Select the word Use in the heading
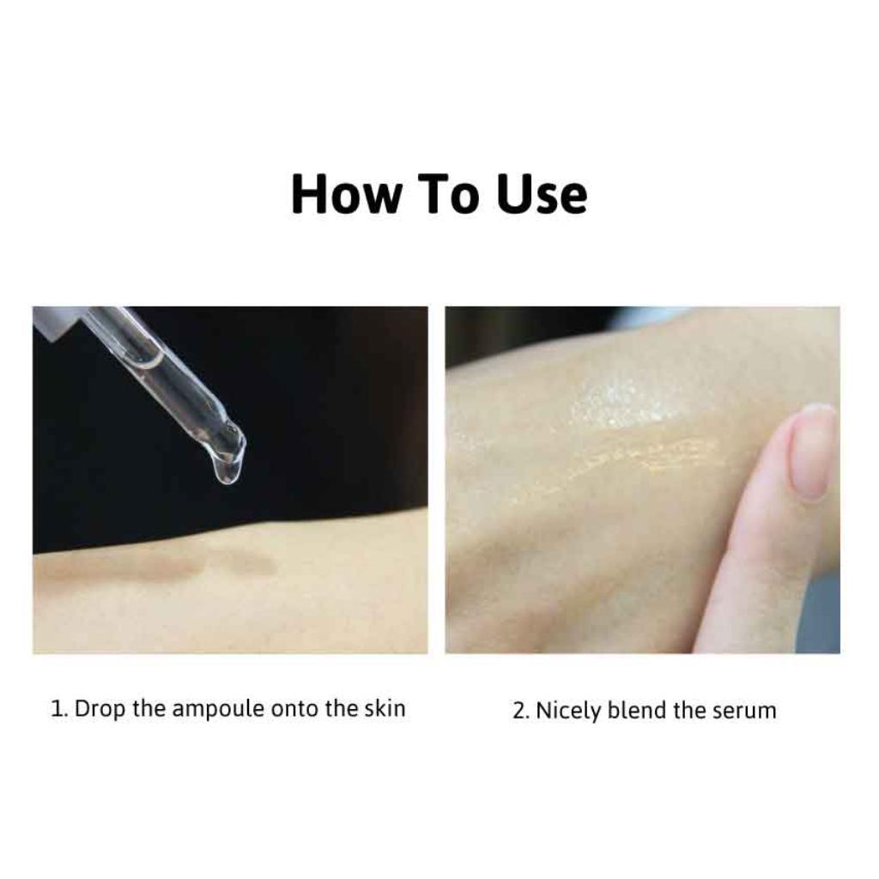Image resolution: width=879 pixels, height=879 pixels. click(x=543, y=194)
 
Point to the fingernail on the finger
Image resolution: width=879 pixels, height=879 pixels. click(x=811, y=452)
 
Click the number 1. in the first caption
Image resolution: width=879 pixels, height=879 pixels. click(x=59, y=708)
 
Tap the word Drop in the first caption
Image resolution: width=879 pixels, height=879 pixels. click(x=100, y=710)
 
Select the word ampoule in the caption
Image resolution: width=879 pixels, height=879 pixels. click(x=218, y=710)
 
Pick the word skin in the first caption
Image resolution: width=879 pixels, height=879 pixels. click(x=385, y=708)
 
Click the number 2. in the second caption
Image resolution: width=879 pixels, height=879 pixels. click(x=521, y=710)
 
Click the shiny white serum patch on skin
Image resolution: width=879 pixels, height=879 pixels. click(x=627, y=402)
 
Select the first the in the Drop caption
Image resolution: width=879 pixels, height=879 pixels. click(x=149, y=708)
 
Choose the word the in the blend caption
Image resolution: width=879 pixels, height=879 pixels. click(x=689, y=710)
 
